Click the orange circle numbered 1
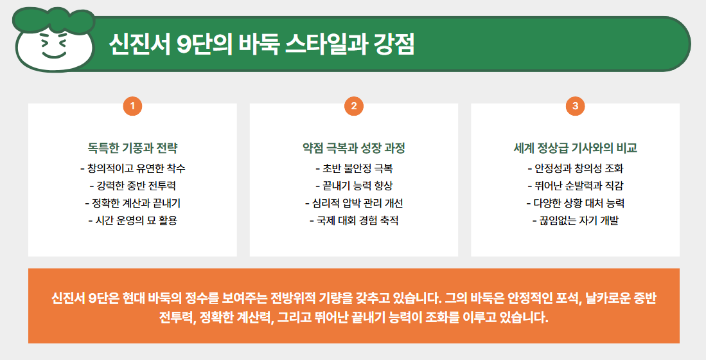coord(132,106)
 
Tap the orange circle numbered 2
coord(354,106)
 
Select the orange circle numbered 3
coord(575,106)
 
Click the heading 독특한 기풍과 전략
coord(132,148)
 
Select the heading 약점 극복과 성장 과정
coord(354,148)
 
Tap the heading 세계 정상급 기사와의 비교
coord(575,148)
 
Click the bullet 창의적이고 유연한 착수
coord(132,169)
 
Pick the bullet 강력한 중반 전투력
coord(132,186)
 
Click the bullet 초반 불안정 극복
coord(354,169)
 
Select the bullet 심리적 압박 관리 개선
coord(354,204)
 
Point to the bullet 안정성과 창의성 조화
coord(575,169)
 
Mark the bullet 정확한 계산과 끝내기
coord(132,204)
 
